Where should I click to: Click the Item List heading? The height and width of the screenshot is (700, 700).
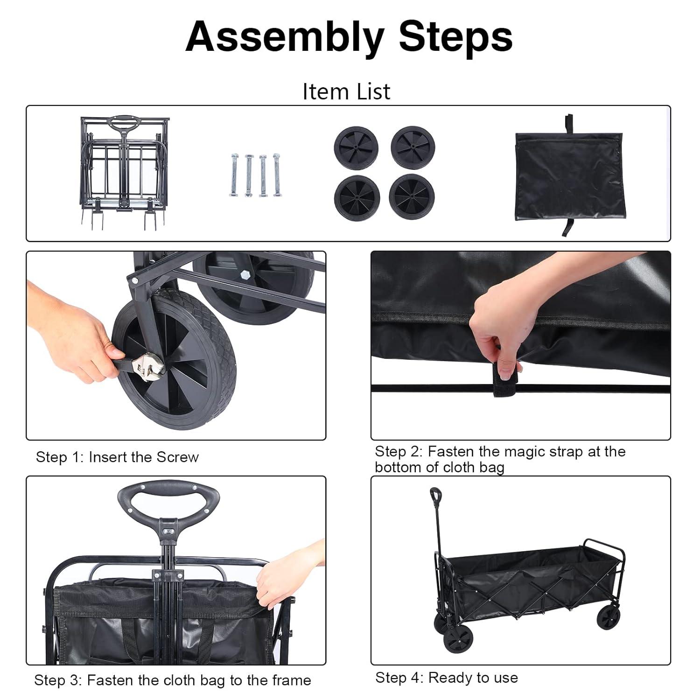(346, 91)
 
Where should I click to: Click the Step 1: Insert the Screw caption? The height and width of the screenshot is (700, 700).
(117, 457)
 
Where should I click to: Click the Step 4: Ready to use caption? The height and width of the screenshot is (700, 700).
(447, 677)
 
